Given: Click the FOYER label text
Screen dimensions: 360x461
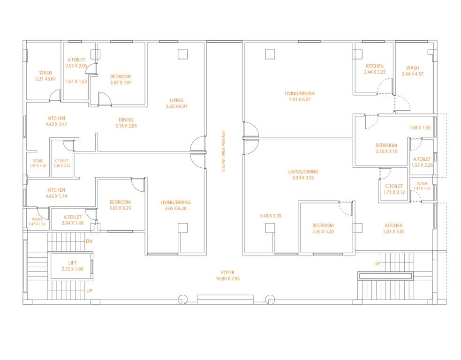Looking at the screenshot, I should click(x=228, y=272).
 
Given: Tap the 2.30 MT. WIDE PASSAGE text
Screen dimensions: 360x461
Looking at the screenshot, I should click(x=224, y=151).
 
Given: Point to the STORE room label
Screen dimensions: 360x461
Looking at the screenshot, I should click(x=38, y=161).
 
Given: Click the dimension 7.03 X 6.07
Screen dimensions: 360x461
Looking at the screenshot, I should click(x=297, y=100).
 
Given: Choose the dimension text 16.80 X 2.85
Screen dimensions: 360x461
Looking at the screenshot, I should click(x=228, y=278).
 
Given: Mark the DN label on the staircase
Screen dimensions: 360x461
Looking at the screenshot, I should click(x=89, y=241).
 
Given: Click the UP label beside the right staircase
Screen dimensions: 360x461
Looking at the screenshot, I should click(x=377, y=264).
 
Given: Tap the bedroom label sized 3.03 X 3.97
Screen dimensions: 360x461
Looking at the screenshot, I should click(x=121, y=83).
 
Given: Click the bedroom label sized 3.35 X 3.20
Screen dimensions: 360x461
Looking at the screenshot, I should click(x=323, y=232).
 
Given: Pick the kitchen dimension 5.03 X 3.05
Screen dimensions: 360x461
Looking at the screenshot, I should click(x=393, y=232).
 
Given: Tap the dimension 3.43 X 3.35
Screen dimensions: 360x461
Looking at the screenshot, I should click(x=271, y=216).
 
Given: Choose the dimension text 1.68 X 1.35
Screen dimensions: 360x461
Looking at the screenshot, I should click(x=419, y=127).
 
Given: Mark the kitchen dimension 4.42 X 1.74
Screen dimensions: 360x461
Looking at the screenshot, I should click(x=56, y=196).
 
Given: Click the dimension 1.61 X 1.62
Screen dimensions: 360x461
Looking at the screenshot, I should click(x=76, y=82).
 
